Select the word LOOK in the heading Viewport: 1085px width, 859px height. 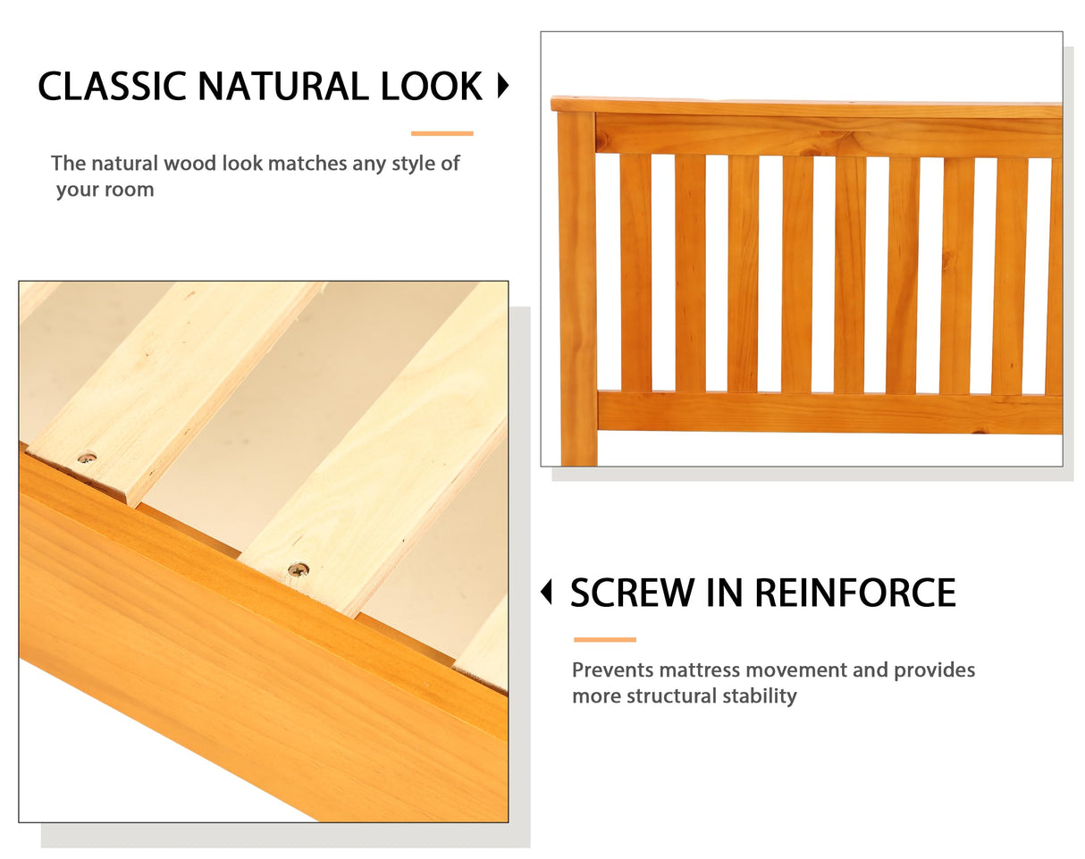click(432, 87)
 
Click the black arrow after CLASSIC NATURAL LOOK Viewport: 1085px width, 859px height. click(502, 87)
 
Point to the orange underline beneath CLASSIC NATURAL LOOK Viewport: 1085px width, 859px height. click(442, 133)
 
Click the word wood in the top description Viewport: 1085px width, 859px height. click(190, 164)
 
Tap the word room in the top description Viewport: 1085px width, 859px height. click(130, 189)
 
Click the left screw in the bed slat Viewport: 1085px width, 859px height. click(87, 458)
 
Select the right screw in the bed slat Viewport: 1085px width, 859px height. click(298, 568)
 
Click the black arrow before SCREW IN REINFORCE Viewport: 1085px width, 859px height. click(547, 592)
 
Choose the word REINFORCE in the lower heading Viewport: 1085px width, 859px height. click(854, 593)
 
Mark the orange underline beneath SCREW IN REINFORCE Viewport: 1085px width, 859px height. click(604, 640)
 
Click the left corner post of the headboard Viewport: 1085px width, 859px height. click(576, 286)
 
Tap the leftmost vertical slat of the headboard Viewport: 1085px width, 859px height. click(635, 273)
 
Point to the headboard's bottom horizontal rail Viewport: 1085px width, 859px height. click(827, 412)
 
